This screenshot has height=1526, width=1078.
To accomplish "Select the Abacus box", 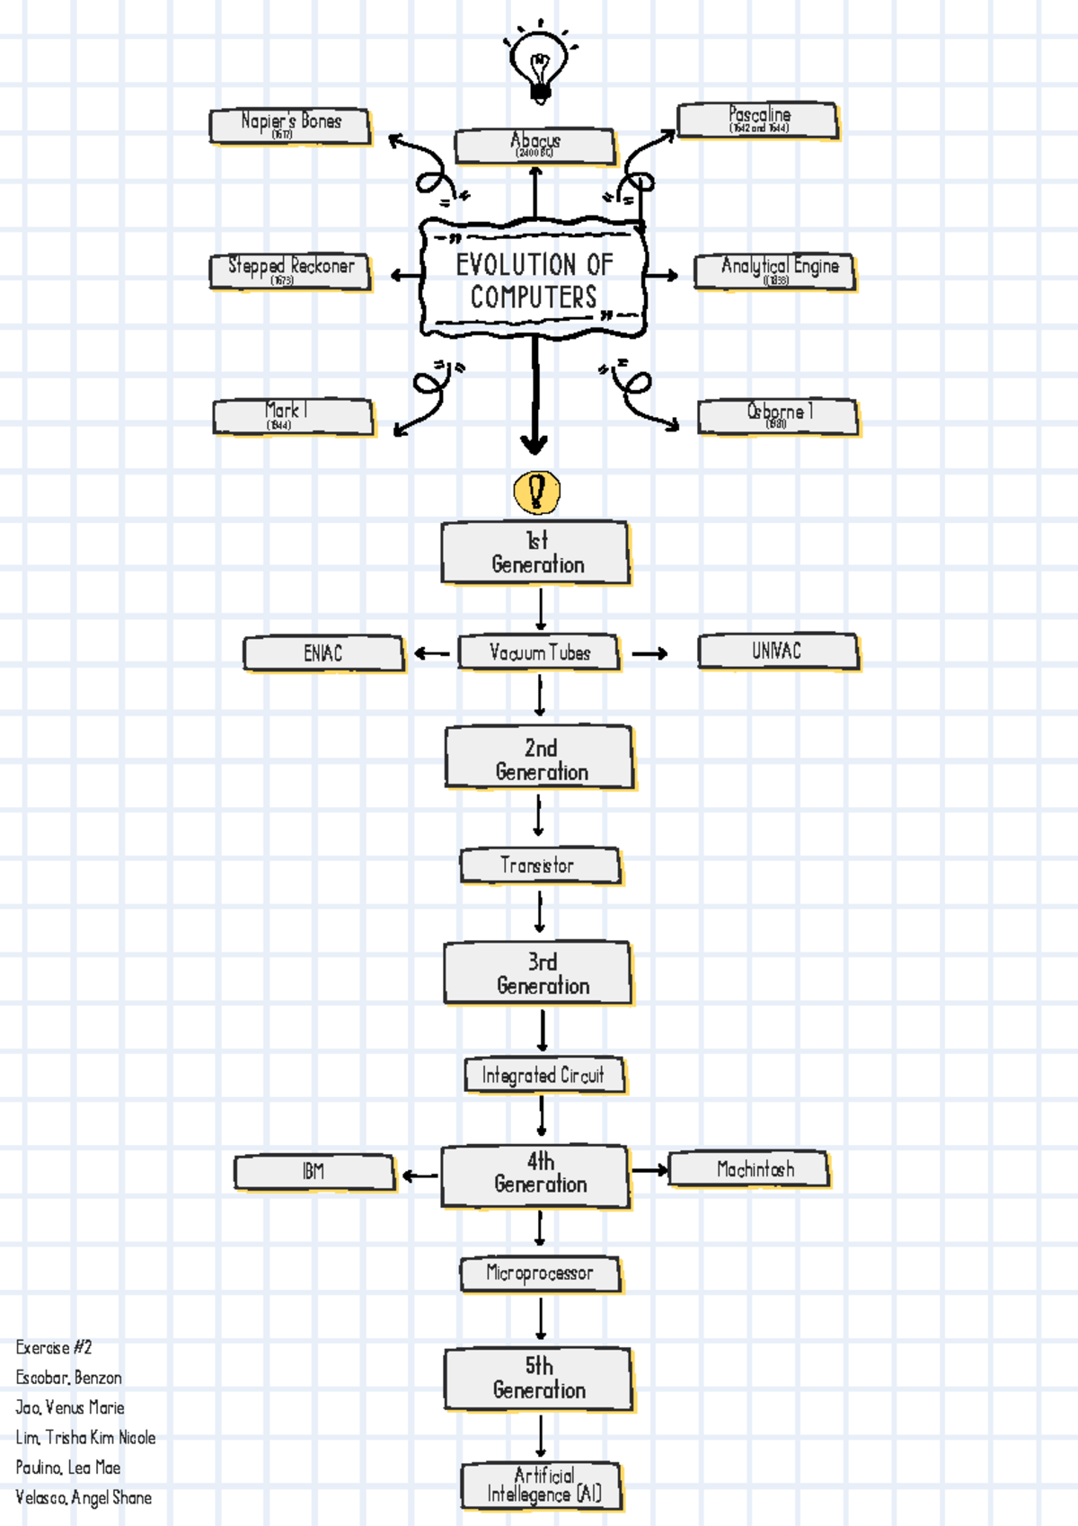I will [535, 146].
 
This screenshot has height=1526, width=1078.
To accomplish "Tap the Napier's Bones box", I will [290, 126].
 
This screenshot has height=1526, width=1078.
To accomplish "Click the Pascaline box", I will [757, 120].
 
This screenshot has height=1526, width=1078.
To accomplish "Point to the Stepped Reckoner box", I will [290, 271].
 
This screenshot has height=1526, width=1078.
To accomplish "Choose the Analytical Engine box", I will [774, 271].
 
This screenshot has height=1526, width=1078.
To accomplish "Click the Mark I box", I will [293, 417].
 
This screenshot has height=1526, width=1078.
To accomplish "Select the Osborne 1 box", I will [778, 416].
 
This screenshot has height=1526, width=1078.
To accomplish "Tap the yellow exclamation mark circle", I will [536, 492].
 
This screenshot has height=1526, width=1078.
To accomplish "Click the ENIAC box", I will [323, 653].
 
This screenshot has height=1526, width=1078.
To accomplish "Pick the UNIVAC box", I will [778, 652].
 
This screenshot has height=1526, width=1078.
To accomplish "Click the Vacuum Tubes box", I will [539, 652].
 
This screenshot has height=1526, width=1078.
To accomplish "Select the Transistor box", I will [539, 865].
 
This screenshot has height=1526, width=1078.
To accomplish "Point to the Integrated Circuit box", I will [544, 1075].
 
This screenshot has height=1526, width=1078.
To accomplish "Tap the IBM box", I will [314, 1172].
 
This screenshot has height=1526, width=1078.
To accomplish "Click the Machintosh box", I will [749, 1169].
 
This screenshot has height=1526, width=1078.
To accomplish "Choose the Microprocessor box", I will [540, 1273].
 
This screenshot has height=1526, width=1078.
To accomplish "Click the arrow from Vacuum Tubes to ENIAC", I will [431, 653].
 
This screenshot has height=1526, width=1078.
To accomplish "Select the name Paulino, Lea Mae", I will [68, 1468].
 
